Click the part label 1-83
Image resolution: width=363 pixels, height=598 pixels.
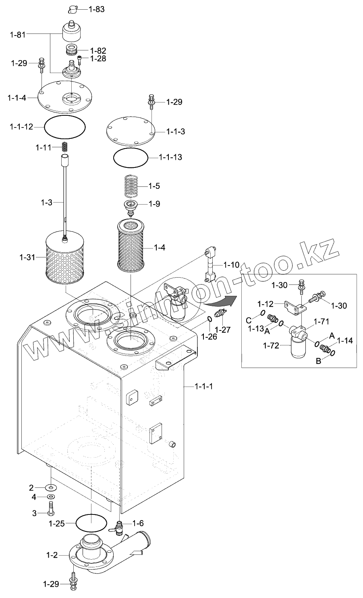pos(96,9)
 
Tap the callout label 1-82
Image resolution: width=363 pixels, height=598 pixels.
pos(98,51)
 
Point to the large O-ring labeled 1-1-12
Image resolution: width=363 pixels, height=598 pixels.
pos(65,127)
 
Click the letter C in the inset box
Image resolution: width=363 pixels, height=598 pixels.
pos(249,320)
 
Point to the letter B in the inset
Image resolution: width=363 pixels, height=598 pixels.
pos(318,361)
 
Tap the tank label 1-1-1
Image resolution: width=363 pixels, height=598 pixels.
pos(203,386)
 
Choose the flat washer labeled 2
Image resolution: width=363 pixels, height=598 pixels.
pos(50,487)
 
